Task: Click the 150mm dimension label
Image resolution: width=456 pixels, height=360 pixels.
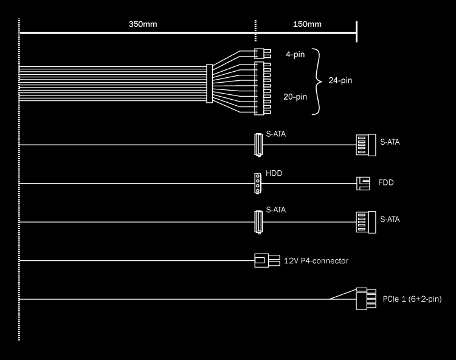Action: (x=307, y=24)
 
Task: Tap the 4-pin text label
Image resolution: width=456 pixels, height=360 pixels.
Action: (x=295, y=54)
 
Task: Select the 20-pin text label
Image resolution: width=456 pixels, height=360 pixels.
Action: (x=295, y=97)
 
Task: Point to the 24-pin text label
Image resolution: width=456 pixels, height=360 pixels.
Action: (x=340, y=80)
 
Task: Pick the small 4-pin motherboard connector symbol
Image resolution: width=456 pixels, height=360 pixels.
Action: (x=259, y=54)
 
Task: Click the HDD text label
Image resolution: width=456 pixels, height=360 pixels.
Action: (x=274, y=173)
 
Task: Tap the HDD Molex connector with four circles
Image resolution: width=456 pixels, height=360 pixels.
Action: (x=258, y=183)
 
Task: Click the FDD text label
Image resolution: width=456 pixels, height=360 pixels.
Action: (x=385, y=182)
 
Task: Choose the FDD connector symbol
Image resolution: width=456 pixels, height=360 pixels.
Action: (x=363, y=182)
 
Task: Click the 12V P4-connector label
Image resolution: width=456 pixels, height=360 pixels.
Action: (x=316, y=261)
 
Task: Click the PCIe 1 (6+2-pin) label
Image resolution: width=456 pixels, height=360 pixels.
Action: (x=412, y=299)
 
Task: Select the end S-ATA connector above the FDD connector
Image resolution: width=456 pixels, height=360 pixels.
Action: (x=362, y=145)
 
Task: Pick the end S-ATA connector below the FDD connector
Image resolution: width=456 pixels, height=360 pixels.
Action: (x=362, y=221)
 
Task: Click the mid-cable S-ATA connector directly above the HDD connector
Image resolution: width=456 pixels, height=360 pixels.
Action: (x=258, y=144)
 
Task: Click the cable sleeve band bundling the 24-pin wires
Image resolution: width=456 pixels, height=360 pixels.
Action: (x=210, y=83)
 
